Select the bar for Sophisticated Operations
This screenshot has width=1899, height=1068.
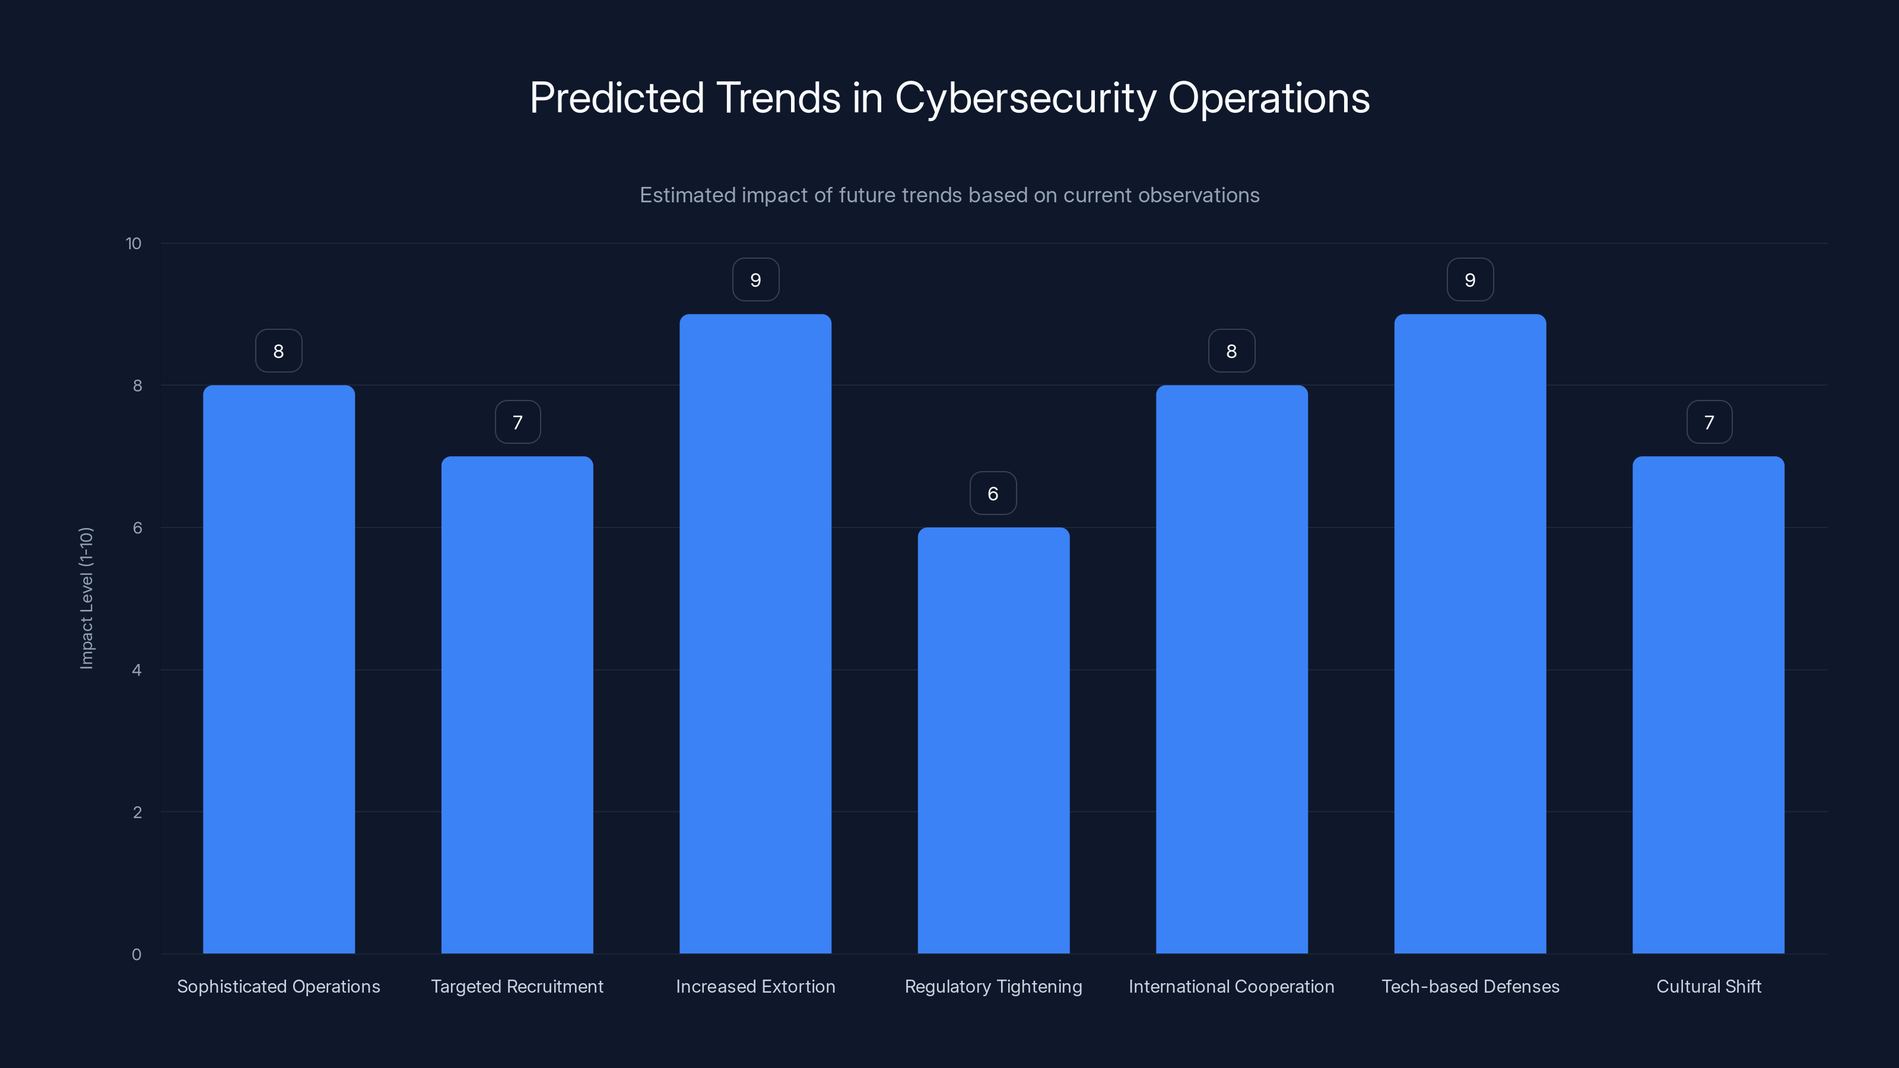tap(279, 669)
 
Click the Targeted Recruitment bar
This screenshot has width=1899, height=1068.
tap(517, 705)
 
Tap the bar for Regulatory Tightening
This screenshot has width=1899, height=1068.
tap(993, 740)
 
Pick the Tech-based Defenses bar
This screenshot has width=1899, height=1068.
tap(1470, 634)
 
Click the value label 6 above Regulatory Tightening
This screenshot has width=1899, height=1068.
tap(993, 493)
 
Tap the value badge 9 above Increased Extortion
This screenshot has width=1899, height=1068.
tap(755, 280)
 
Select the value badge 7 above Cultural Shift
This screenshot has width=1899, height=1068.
tap(1709, 422)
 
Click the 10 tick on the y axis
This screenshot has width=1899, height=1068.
tap(134, 243)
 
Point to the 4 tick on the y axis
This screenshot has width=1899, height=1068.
tap(136, 670)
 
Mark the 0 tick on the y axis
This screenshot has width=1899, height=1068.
tap(136, 955)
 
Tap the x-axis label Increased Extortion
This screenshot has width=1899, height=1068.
tap(755, 986)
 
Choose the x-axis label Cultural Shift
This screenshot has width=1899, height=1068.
tap(1709, 986)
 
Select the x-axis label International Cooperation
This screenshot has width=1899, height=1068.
tap(1231, 986)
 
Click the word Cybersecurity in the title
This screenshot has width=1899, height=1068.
tap(1025, 98)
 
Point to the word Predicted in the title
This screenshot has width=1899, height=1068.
tap(617, 98)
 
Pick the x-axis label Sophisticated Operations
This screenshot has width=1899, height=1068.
tap(279, 986)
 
